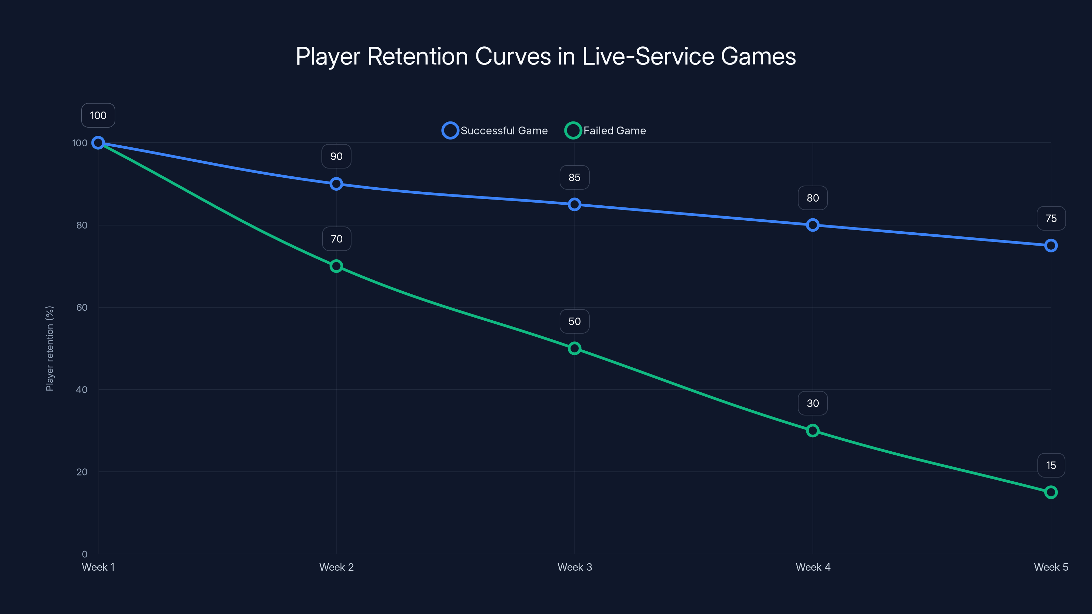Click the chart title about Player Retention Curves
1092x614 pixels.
(x=546, y=56)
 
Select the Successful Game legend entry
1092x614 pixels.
(x=495, y=131)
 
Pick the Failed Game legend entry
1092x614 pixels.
(x=605, y=131)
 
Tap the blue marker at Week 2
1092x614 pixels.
(x=336, y=184)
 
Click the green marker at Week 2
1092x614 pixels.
(x=336, y=266)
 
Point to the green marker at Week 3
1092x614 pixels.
(x=574, y=348)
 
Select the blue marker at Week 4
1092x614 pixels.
(x=813, y=225)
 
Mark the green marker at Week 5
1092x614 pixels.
(x=1051, y=492)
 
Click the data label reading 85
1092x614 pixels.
(x=574, y=177)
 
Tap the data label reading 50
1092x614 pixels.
(x=574, y=321)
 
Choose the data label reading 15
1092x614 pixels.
(x=1051, y=465)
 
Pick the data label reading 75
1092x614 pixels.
(x=1051, y=218)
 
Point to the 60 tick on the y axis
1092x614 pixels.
(x=82, y=307)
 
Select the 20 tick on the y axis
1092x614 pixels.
(x=82, y=472)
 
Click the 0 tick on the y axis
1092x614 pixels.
(x=84, y=554)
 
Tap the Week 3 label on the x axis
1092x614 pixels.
(x=574, y=567)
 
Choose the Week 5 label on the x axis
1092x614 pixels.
(x=1051, y=567)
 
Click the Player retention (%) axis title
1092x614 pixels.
(x=49, y=348)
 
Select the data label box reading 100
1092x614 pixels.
(x=98, y=115)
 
